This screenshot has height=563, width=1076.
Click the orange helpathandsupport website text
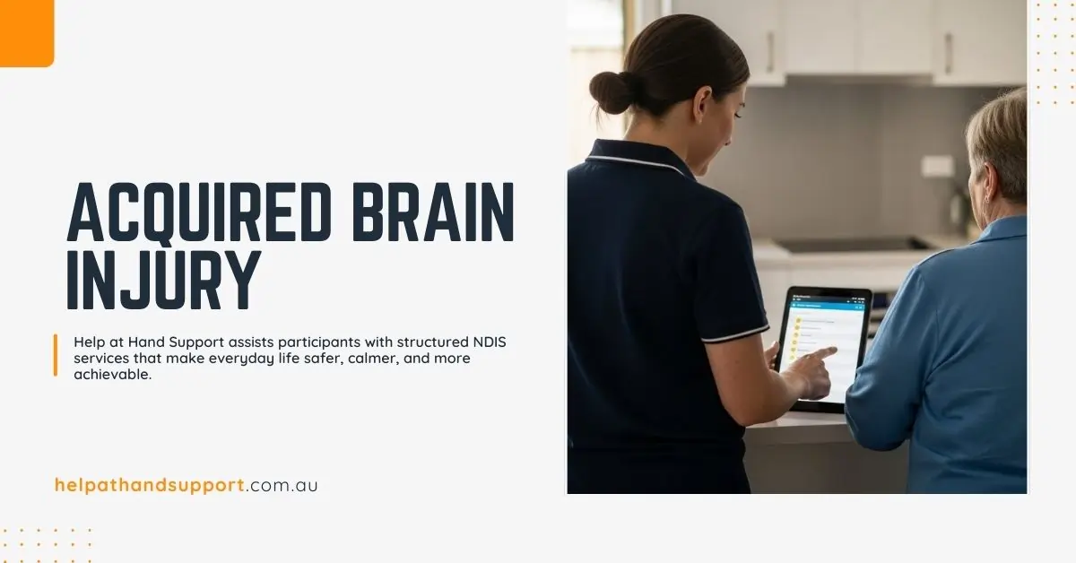coord(149,485)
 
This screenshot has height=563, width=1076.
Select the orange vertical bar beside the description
coord(56,355)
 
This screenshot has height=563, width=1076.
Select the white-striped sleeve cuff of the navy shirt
coord(734,335)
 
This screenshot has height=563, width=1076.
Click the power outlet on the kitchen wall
coord(937,166)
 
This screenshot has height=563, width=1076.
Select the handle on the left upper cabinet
coord(769,52)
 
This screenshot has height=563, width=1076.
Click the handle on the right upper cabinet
coord(948,54)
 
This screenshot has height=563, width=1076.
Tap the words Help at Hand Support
coord(143,342)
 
